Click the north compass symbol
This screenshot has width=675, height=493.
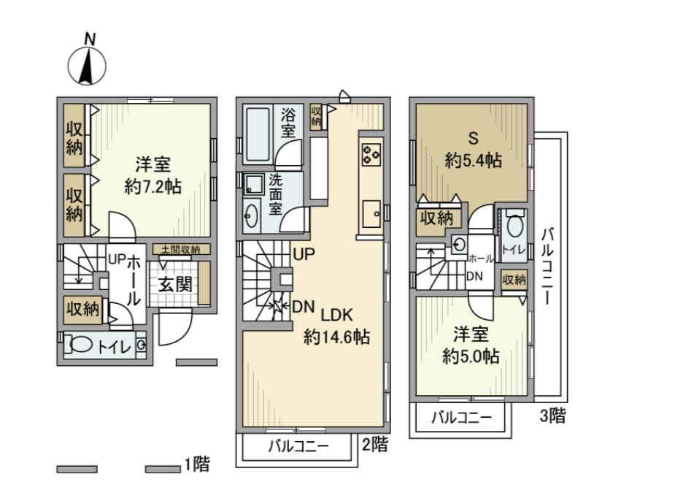click(88, 64)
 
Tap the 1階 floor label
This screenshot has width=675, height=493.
click(197, 463)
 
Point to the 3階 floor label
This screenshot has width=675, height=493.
click(552, 417)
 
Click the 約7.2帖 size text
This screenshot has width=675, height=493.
click(153, 187)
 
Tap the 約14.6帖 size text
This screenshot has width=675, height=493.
click(336, 338)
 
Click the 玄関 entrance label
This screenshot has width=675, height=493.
click(176, 284)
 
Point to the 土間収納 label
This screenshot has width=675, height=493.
click(180, 250)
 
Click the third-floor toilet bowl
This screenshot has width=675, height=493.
click(515, 226)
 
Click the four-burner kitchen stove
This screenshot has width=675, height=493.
click(371, 153)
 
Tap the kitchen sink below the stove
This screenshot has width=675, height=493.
click(371, 210)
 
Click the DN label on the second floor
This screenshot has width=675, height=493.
click(303, 307)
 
